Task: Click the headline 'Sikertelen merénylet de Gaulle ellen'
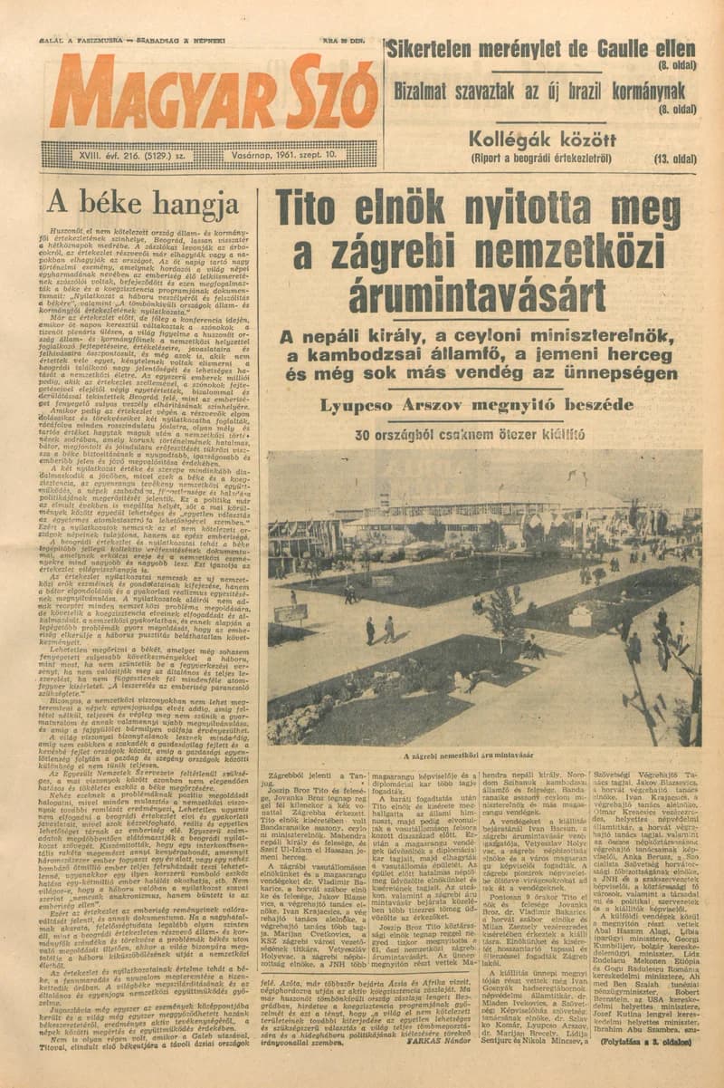coord(541,49)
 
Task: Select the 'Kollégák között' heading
coord(543,140)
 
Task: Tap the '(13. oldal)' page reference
coord(671,159)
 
